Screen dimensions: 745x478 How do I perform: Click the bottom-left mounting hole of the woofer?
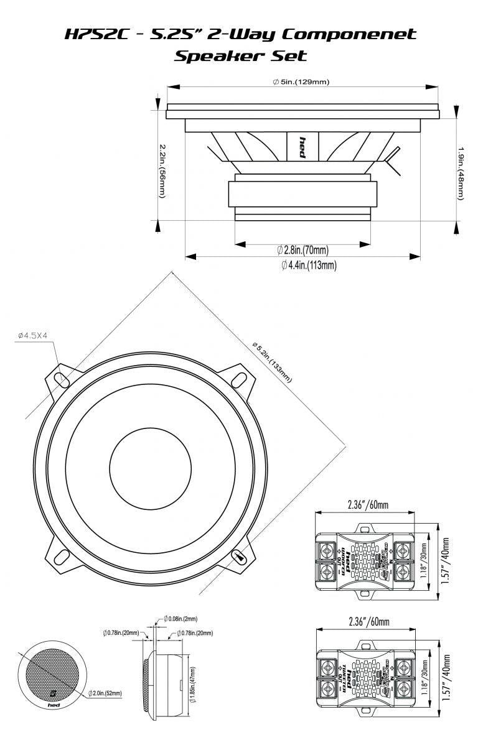coord(60,555)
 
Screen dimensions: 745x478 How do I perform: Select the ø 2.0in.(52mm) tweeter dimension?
coord(105,693)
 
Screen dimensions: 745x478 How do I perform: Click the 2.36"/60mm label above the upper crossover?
coord(367,505)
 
